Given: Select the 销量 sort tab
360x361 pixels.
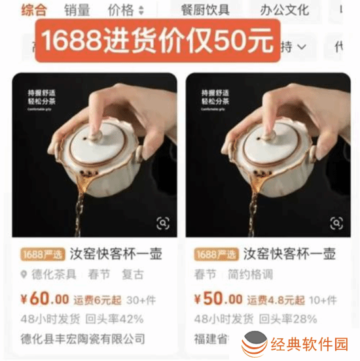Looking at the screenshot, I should (77, 10).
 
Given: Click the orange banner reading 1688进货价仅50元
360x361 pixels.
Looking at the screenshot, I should (157, 41).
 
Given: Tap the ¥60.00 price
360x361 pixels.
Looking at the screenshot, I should (45, 300).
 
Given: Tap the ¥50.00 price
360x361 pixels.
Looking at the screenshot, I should (219, 300).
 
